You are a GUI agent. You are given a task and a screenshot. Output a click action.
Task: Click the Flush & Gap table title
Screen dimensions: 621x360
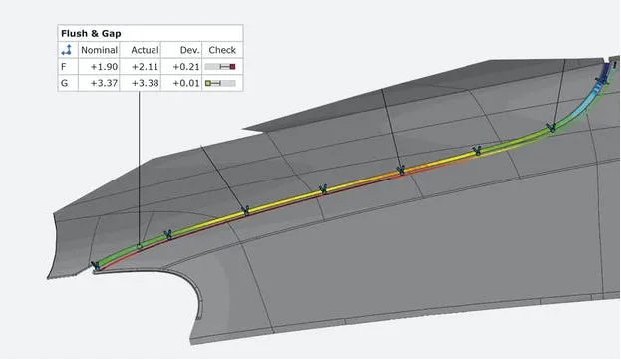point(91,33)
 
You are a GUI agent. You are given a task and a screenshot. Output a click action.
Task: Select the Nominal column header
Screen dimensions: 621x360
point(99,50)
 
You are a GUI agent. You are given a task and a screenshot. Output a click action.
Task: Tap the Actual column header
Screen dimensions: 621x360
point(145,50)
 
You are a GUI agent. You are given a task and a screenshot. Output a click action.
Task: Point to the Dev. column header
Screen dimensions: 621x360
point(189,50)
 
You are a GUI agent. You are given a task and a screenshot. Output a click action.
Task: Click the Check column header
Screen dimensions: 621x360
point(222,50)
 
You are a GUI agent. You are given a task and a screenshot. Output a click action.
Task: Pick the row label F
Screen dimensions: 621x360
point(64,67)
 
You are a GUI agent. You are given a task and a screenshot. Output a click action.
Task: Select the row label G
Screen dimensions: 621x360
point(64,83)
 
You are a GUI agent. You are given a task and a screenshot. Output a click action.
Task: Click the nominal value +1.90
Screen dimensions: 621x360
point(104,67)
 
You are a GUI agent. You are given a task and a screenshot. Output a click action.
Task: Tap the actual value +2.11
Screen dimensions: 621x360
point(146,67)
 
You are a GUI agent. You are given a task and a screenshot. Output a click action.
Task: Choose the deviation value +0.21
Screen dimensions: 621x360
point(186,67)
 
